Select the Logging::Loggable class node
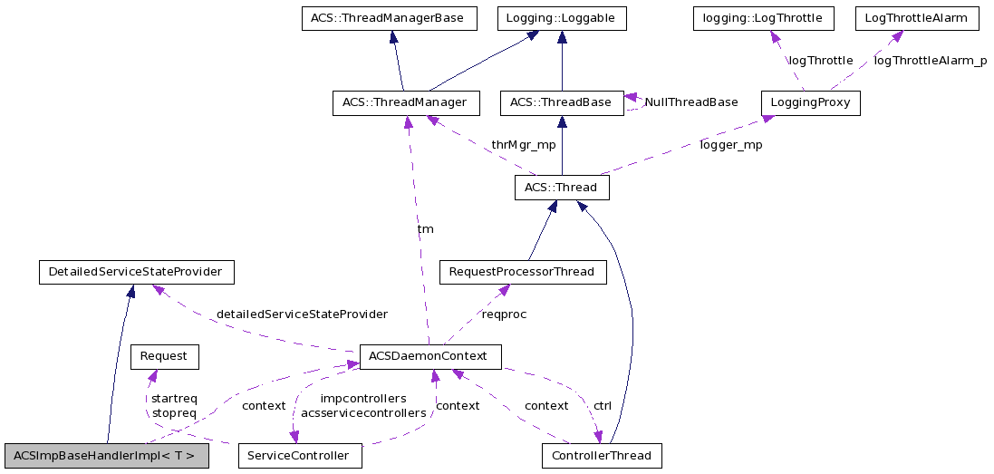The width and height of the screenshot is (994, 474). tap(562, 18)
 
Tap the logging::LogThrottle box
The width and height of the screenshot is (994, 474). tap(770, 18)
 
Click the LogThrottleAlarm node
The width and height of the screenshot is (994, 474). tap(915, 18)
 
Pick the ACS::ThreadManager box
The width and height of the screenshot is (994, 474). tap(404, 103)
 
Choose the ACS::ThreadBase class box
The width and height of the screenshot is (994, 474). tap(561, 103)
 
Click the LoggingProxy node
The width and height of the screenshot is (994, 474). tap(810, 103)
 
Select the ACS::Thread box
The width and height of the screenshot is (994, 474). tap(561, 188)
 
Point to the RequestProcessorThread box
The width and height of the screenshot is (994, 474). tap(522, 272)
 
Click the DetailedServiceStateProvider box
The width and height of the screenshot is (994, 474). tap(136, 272)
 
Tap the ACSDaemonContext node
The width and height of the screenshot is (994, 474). tap(429, 356)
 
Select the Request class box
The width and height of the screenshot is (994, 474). tap(164, 356)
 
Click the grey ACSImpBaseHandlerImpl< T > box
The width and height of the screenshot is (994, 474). tap(105, 456)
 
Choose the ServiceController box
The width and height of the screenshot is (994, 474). tap(299, 456)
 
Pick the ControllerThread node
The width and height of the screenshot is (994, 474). tap(601, 456)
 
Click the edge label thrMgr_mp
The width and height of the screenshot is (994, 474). tap(524, 145)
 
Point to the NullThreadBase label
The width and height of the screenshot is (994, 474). tap(690, 102)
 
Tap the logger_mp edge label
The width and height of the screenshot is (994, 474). tap(730, 145)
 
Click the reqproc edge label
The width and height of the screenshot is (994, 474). tap(505, 314)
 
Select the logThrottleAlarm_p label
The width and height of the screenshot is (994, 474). tap(930, 61)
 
